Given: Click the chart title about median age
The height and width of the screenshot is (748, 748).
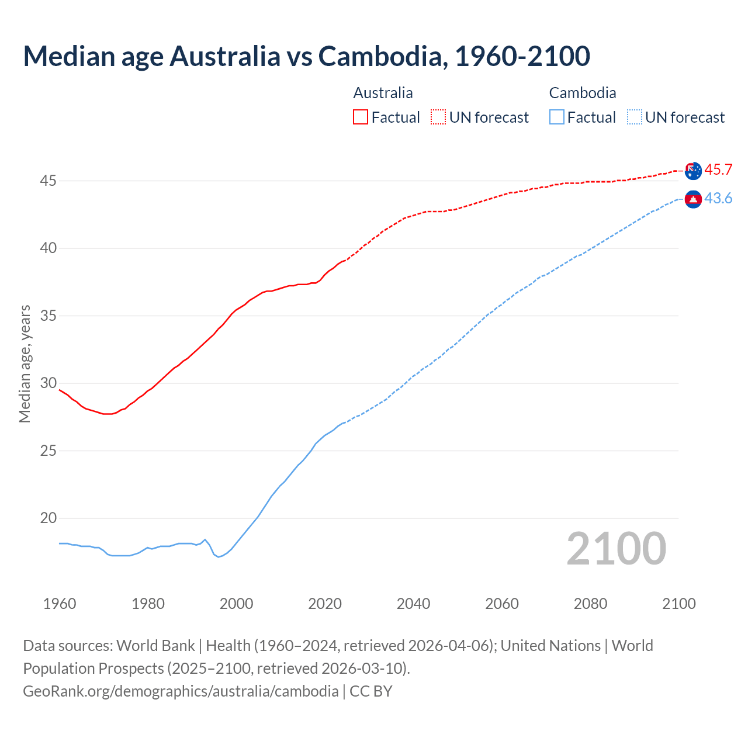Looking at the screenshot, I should click(306, 56).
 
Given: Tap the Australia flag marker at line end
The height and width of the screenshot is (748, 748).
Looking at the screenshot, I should click(693, 171).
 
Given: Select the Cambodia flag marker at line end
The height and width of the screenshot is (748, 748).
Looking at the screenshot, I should click(693, 199).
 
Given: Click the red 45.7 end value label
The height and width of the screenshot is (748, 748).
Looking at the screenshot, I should click(718, 170).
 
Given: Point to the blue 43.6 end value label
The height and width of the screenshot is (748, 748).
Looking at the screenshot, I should click(718, 199).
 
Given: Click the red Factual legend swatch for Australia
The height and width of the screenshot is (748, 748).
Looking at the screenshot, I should click(361, 117).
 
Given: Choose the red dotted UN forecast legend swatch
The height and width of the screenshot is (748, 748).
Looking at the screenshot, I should click(438, 117).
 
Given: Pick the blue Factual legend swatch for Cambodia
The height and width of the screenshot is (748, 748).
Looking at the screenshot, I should click(557, 117).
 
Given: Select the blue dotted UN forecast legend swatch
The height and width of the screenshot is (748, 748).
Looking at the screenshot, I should click(634, 117).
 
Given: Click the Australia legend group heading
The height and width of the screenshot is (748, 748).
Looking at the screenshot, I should click(383, 93).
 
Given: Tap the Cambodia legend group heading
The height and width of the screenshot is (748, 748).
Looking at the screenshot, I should click(582, 93).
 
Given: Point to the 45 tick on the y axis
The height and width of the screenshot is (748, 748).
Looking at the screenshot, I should click(48, 181).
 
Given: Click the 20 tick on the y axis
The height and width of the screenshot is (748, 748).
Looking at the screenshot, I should click(48, 518).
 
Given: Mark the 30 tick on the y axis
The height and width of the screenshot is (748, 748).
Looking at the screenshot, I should click(48, 383).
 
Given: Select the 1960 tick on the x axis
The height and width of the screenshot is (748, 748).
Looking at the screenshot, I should click(60, 604).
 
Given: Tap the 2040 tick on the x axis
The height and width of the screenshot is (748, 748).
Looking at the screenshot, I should click(413, 604).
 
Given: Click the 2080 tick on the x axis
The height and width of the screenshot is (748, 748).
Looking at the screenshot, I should click(590, 604).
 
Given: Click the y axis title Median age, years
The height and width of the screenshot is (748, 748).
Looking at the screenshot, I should click(25, 363).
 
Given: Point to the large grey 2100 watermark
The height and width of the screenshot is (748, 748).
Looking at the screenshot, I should click(616, 549).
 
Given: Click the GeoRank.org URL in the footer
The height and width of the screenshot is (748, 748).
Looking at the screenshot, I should click(181, 691).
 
